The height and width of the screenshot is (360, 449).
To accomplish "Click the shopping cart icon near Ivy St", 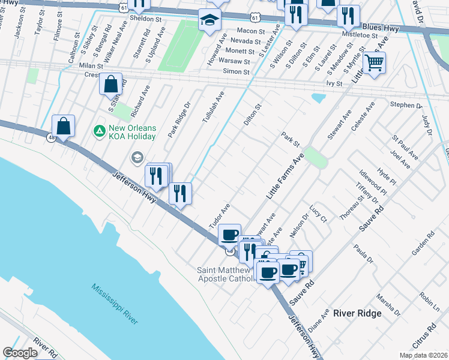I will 373,62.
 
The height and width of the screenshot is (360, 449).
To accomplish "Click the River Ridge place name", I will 357,314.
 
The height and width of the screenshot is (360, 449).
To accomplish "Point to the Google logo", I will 20,353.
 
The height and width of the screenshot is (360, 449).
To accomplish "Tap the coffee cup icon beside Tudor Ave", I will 229,235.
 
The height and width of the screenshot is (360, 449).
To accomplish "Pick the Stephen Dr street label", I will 406,106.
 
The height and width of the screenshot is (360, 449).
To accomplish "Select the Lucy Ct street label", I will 318,215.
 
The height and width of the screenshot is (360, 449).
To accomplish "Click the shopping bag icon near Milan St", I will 111,85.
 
